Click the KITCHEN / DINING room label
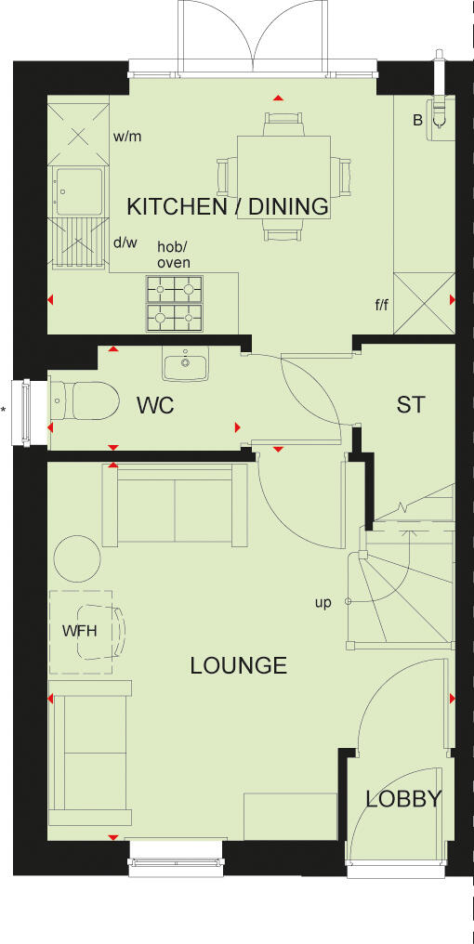pos(228,206)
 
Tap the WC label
pos(154,406)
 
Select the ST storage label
pos(410,405)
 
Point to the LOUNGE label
pos(238,665)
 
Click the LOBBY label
pos(402,799)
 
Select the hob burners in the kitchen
pos(174,304)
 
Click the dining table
pos(283,176)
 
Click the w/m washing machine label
pos(127,137)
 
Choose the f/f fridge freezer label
pos(381,304)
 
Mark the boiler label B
pos(416,120)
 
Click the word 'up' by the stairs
pos(323,603)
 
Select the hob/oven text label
pos(174,256)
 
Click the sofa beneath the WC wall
pos(175,504)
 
